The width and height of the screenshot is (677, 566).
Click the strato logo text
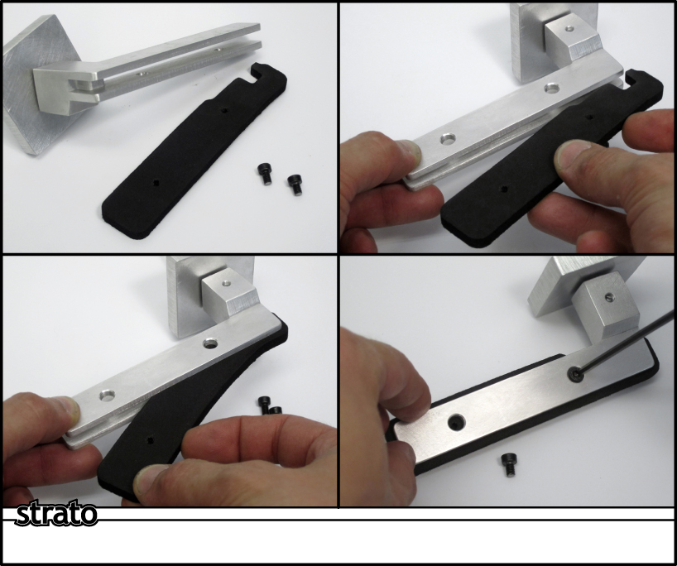coord(56,513)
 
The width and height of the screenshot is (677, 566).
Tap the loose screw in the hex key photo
coord(509,464)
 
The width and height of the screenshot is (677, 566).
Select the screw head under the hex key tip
coord(575,374)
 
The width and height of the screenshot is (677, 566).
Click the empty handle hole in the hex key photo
coord(456,422)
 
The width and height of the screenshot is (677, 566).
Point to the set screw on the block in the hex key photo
coord(609,296)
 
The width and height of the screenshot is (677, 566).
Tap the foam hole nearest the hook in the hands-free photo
coord(224,110)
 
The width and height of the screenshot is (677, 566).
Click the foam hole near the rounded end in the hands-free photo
coord(156,183)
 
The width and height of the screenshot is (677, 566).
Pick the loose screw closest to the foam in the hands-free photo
coord(264,174)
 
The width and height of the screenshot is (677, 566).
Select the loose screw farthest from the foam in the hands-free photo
coord(295,184)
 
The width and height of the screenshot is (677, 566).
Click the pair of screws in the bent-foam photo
coord(270,405)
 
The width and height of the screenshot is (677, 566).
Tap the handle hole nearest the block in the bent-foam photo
coord(210,343)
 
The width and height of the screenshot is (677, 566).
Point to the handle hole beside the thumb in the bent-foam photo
coord(107,395)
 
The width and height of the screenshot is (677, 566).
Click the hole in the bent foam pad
coord(150,440)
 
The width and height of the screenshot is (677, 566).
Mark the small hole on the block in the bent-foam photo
coord(225,284)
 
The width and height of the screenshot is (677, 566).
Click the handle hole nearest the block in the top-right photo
coord(551,89)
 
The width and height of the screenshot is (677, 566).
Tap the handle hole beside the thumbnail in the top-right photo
coord(448,139)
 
